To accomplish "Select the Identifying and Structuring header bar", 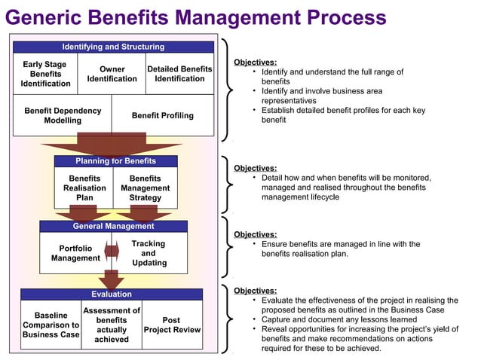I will point(113,47).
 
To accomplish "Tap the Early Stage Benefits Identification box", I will point(46,74).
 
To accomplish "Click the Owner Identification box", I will point(112,74).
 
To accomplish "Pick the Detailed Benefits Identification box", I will point(179,74).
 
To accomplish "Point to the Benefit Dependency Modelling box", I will point(63,115).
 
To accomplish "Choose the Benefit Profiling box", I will point(163,115).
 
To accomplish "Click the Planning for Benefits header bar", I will point(116,161).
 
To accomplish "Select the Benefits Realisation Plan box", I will point(84,188).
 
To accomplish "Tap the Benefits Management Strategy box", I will point(146,188).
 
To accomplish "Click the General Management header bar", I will point(113,226).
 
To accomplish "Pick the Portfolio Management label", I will point(75,253).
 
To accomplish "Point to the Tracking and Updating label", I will point(149,253).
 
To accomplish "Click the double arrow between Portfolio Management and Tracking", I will point(112,252).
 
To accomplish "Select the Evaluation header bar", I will point(112,294).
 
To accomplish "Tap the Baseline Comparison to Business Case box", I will point(51,325).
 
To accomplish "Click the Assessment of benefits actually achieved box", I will point(112,325).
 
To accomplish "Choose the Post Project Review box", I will point(171,325).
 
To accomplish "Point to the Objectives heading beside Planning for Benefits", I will point(255,168).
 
